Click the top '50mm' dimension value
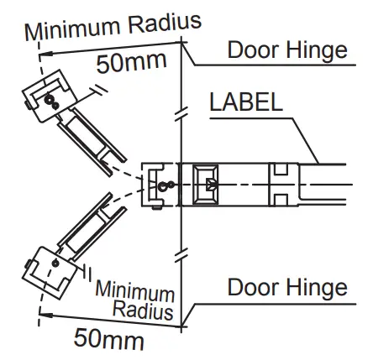click(x=132, y=63)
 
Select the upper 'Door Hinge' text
click(x=286, y=50)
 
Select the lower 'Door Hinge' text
click(x=286, y=288)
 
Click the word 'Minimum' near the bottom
click(x=134, y=291)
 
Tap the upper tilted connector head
click(x=46, y=102)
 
